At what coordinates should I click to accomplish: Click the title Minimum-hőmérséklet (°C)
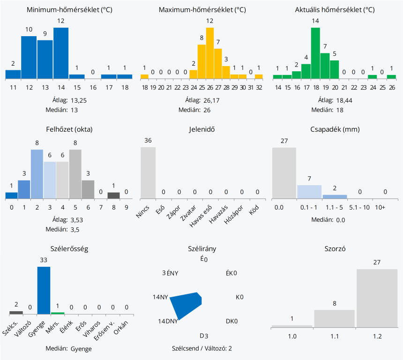click(x=69, y=10)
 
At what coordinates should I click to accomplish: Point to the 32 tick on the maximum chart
click(x=259, y=88)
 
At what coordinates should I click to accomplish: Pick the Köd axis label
click(x=254, y=210)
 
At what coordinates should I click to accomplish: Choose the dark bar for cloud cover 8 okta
click(x=113, y=195)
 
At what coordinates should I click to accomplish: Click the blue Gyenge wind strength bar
click(x=44, y=290)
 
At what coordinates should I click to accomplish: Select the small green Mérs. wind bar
click(x=58, y=313)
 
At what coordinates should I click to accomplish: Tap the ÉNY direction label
click(x=172, y=273)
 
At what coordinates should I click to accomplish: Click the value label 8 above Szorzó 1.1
click(x=335, y=304)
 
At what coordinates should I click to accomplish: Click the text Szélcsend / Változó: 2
click(x=202, y=348)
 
